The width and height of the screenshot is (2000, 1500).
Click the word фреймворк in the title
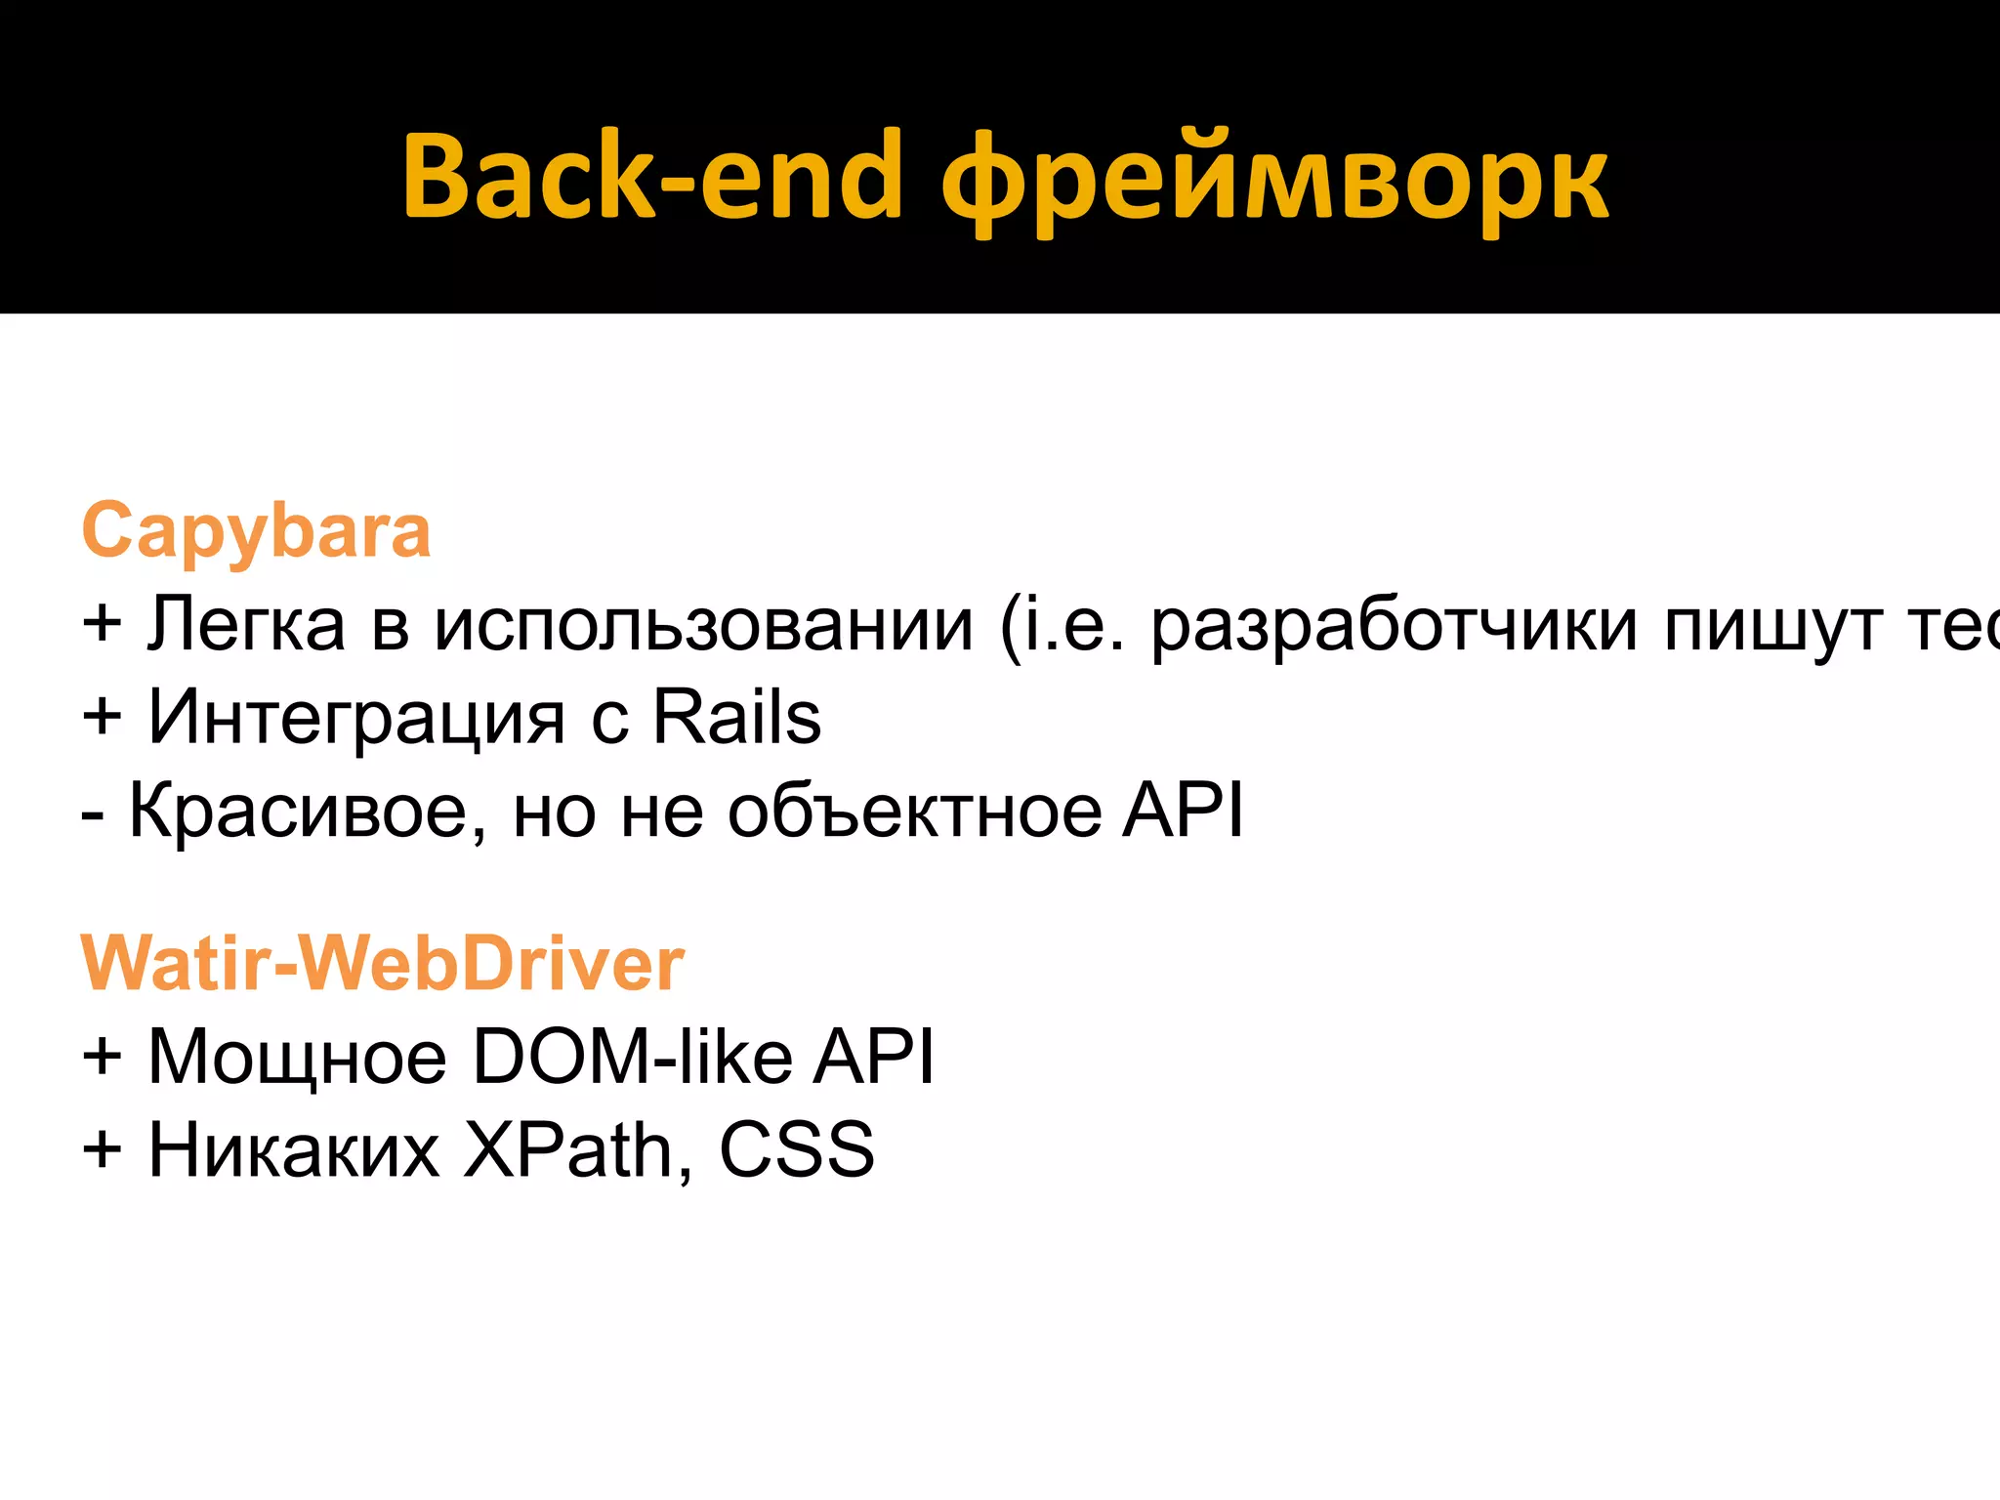(1274, 181)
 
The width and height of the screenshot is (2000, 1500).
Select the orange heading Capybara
(256, 531)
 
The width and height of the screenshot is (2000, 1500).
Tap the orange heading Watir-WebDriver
(382, 964)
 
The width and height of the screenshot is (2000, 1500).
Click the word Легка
(246, 624)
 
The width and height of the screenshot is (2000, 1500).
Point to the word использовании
(703, 624)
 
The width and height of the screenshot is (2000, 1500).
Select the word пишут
(1773, 624)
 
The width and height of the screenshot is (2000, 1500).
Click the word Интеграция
(356, 718)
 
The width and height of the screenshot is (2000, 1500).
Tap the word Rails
(736, 718)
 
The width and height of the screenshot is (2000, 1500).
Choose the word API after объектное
(1183, 811)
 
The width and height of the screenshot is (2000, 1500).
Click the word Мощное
(297, 1057)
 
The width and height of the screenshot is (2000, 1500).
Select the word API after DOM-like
(874, 1057)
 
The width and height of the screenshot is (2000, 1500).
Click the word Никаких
(293, 1150)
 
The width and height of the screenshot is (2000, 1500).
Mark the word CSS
(796, 1150)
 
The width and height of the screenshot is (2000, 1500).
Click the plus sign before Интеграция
(103, 718)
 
